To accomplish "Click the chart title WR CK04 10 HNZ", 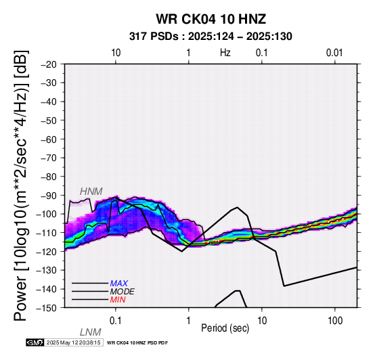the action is [211, 19].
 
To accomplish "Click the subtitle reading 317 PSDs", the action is [154, 37].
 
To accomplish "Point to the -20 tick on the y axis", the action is [49, 64].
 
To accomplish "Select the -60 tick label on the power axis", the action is [49, 139].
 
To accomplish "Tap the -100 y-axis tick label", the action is [47, 214].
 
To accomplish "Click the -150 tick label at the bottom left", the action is [47, 308].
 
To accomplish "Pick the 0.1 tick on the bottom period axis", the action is [116, 321].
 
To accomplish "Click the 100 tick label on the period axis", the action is [335, 321].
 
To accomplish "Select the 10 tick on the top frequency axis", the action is [116, 53].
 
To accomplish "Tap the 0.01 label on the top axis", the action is [334, 53].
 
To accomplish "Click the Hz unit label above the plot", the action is [225, 53].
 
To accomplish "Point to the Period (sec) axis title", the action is [225, 328].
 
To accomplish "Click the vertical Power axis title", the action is [20, 185].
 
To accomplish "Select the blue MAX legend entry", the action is [119, 284].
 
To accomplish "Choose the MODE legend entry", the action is [123, 292].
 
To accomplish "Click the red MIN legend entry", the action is [118, 300].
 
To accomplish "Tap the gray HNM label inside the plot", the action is [91, 192].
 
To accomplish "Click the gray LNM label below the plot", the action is [91, 332].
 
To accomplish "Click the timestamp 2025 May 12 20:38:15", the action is [73, 342].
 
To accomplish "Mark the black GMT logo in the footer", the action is [35, 342].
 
